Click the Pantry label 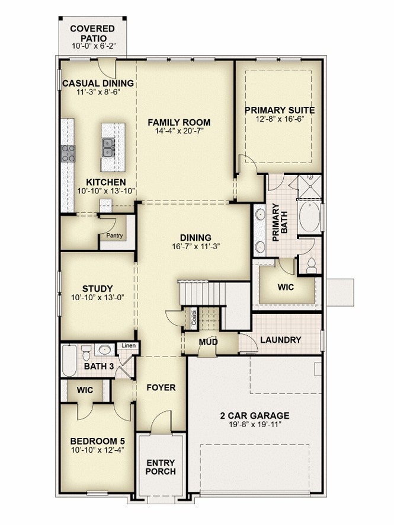click(114, 236)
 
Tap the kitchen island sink click(108, 148)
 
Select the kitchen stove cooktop click(68, 154)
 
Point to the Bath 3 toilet click(86, 352)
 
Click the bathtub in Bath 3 click(69, 361)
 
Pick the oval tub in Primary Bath click(309, 217)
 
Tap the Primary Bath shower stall click(310, 186)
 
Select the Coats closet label click(194, 316)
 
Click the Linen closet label click(129, 345)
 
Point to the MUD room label click(208, 342)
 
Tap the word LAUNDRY click(281, 340)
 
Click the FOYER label click(161, 388)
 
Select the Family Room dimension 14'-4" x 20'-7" click(180, 131)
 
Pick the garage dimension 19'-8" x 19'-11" click(255, 424)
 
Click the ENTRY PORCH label click(161, 467)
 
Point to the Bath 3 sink click(105, 350)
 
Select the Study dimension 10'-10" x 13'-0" click(98, 297)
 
